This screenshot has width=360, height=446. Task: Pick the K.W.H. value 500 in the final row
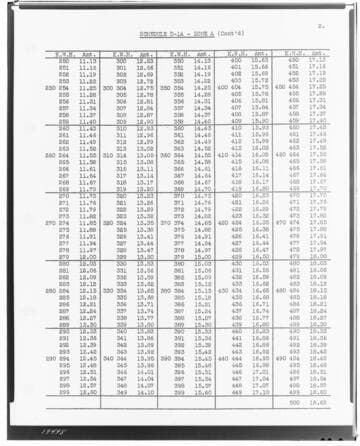tap(295, 403)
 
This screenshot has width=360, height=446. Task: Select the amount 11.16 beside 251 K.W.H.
tap(88, 67)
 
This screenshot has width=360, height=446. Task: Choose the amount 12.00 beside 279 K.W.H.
tap(88, 256)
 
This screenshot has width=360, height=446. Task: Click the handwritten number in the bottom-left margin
tap(29, 424)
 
